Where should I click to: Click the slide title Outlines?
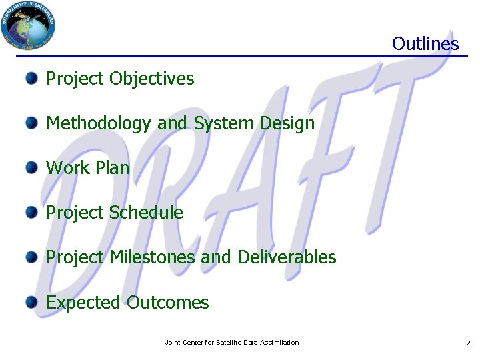click(x=425, y=44)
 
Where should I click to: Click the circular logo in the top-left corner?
click(x=28, y=25)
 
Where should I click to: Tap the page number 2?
click(x=468, y=343)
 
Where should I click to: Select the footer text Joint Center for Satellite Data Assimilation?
click(x=231, y=343)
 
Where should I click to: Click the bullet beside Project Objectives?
click(x=32, y=79)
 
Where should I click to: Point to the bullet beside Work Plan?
click(x=32, y=167)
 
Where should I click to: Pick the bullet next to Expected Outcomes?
click(x=32, y=302)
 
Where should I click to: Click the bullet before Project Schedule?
click(x=32, y=213)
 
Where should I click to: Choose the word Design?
click(x=288, y=123)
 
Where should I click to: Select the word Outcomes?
click(x=168, y=303)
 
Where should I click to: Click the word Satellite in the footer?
click(x=229, y=343)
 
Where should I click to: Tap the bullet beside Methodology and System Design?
click(x=32, y=123)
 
